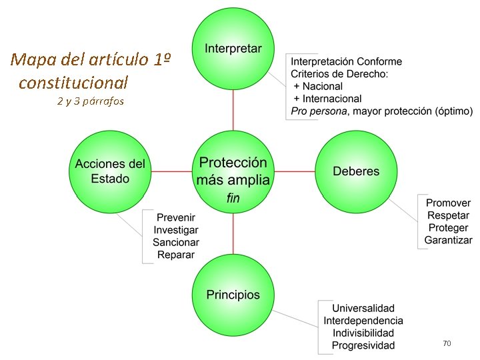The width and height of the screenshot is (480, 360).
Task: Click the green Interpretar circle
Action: pyautogui.click(x=233, y=48)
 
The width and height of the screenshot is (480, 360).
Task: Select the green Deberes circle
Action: pyautogui.click(x=356, y=171)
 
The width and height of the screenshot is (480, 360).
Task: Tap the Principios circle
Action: pyautogui.click(x=233, y=295)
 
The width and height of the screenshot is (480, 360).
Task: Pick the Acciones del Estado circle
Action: pyautogui.click(x=110, y=171)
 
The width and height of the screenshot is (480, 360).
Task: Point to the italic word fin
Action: pyautogui.click(x=233, y=197)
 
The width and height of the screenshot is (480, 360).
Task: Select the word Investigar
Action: pyautogui.click(x=176, y=230)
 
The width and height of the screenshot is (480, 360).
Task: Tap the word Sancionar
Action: pyautogui.click(x=176, y=242)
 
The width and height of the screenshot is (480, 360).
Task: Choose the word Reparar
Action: pyautogui.click(x=176, y=254)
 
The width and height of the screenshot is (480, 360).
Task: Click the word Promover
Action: pyautogui.click(x=448, y=203)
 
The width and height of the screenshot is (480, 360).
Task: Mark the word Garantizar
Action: pyautogui.click(x=448, y=240)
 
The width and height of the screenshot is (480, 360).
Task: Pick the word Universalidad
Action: pyautogui.click(x=363, y=309)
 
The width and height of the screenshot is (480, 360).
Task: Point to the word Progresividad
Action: pyautogui.click(x=363, y=345)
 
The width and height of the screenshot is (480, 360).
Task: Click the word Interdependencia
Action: pyautogui.click(x=363, y=321)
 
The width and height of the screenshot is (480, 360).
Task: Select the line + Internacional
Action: pyautogui.click(x=327, y=98)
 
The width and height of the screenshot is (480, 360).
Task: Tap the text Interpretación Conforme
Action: pyautogui.click(x=347, y=61)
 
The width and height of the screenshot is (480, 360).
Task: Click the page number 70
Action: pyautogui.click(x=447, y=343)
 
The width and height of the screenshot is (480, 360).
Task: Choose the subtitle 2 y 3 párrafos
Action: pyautogui.click(x=91, y=102)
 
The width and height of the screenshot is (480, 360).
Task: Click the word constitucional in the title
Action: pyautogui.click(x=73, y=83)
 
